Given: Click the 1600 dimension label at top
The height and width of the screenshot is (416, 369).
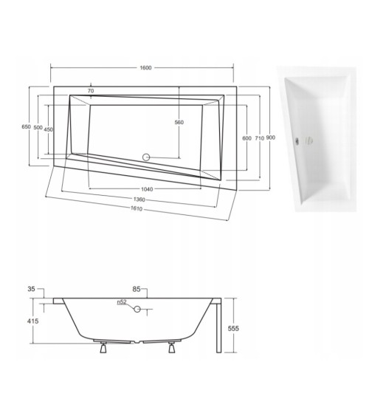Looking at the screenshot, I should pyautogui.click(x=145, y=69).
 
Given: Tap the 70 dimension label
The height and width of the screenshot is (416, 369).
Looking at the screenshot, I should pyautogui.click(x=90, y=91).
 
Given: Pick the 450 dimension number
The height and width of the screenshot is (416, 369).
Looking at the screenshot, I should pyautogui.click(x=49, y=129).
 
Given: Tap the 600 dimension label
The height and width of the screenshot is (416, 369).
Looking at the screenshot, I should pyautogui.click(x=246, y=138).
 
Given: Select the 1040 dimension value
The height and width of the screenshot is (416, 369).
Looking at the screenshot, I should pyautogui.click(x=147, y=189).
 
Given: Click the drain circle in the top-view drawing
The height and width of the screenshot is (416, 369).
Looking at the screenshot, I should pyautogui.click(x=145, y=157).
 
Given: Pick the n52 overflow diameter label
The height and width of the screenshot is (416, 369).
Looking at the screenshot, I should pyautogui.click(x=120, y=302).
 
